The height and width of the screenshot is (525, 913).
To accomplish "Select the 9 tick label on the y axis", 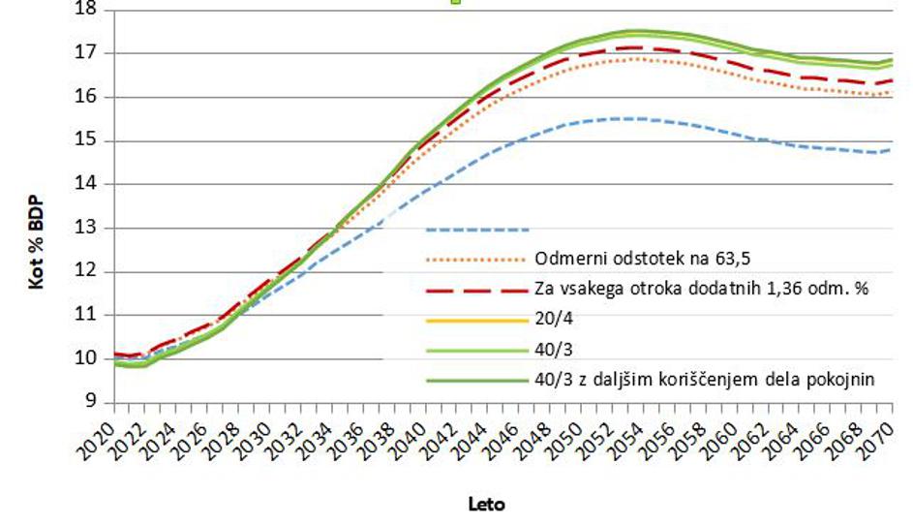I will pyautogui.click(x=92, y=402).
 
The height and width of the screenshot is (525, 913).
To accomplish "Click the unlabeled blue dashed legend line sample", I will pyautogui.click(x=477, y=231).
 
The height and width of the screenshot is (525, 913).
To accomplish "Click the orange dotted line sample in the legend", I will pyautogui.click(x=477, y=260).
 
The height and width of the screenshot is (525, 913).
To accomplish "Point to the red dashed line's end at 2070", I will pyautogui.click(x=891, y=80).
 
